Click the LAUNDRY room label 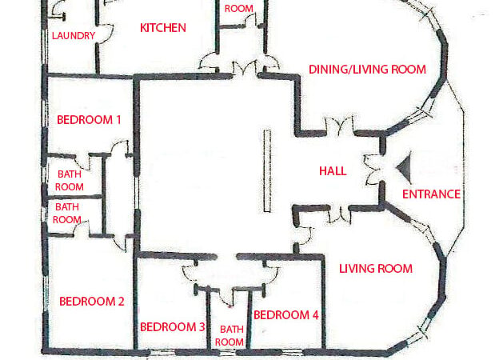(74, 36)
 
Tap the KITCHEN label (163, 28)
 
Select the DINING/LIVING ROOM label (367, 70)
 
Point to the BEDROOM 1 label (89, 120)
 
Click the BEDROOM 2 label (92, 302)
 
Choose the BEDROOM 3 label (173, 327)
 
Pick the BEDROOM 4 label (286, 315)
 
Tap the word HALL (333, 170)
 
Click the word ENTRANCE (431, 194)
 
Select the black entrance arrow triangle (405, 167)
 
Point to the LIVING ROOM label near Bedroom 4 (376, 269)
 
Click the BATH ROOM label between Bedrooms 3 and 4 (231, 335)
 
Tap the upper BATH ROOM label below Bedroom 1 (70, 180)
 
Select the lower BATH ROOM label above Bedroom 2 (67, 213)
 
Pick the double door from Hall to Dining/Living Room (341, 126)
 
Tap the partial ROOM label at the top (238, 9)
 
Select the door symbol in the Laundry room (58, 13)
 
